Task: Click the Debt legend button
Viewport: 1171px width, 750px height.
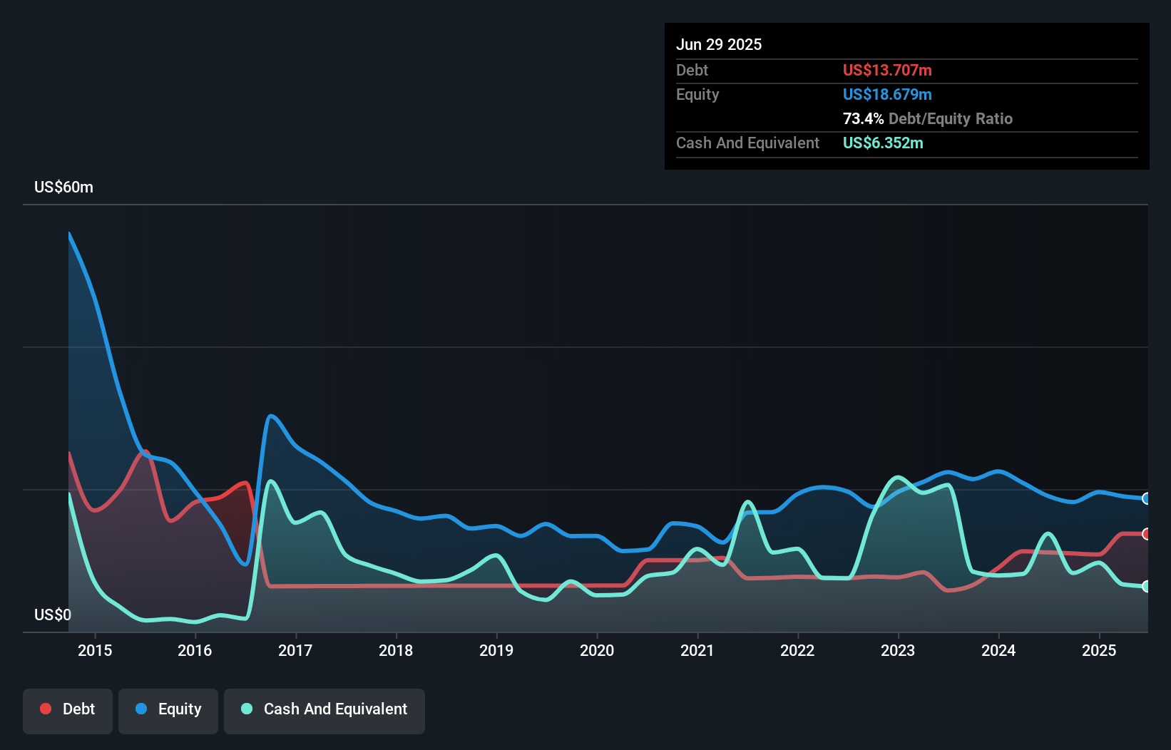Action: (x=68, y=710)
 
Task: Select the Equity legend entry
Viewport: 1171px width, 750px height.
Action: (x=168, y=710)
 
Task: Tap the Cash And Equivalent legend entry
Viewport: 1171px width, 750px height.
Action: (x=324, y=710)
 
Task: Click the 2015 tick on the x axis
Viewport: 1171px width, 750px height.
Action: (x=95, y=650)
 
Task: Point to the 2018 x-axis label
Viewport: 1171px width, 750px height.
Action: (x=396, y=650)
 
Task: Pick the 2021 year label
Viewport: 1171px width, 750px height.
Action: (x=697, y=650)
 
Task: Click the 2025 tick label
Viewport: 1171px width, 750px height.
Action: (x=1098, y=650)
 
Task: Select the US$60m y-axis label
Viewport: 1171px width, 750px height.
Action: (x=63, y=187)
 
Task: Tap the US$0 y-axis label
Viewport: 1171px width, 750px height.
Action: (x=53, y=615)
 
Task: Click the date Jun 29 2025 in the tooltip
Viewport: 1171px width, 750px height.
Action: (x=718, y=45)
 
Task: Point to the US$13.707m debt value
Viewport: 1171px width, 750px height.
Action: (x=886, y=71)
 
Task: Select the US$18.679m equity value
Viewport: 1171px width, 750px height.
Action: (x=886, y=95)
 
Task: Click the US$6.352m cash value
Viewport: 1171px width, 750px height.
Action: (x=882, y=143)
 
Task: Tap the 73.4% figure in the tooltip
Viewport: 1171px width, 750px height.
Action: (x=863, y=119)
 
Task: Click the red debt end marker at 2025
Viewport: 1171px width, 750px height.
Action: (x=1146, y=534)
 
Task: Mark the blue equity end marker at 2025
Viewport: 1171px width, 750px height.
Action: (x=1146, y=498)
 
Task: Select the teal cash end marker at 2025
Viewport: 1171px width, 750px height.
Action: (x=1146, y=586)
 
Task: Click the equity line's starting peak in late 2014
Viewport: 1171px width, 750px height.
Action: (x=69, y=234)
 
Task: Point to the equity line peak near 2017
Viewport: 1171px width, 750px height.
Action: (x=270, y=416)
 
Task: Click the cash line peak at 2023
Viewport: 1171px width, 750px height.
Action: (x=897, y=477)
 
